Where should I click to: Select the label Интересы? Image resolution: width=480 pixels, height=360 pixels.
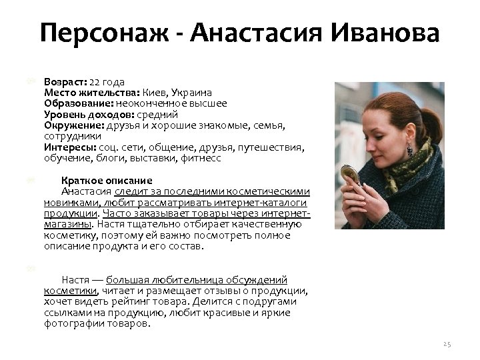point(70,147)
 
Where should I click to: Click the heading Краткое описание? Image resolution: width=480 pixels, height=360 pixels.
point(107,181)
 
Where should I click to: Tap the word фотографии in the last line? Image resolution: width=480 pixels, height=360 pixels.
point(71,323)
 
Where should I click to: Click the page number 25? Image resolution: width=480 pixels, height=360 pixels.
point(447,344)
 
